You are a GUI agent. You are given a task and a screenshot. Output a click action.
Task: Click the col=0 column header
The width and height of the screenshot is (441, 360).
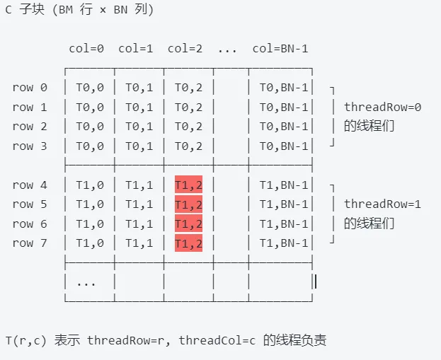pyautogui.click(x=86, y=49)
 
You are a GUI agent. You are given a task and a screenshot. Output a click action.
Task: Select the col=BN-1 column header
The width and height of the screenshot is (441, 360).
pyautogui.click(x=280, y=49)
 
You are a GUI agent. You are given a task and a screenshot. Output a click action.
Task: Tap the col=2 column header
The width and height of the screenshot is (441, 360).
pyautogui.click(x=185, y=49)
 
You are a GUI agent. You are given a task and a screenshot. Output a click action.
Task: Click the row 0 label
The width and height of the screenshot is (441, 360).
pyautogui.click(x=30, y=88)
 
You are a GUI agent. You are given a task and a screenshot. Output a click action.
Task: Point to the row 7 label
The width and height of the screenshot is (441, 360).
pyautogui.click(x=30, y=243)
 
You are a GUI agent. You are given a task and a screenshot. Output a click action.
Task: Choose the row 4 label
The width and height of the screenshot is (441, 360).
pyautogui.click(x=30, y=185)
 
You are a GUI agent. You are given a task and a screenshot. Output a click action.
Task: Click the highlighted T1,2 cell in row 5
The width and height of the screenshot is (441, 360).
pyautogui.click(x=188, y=204)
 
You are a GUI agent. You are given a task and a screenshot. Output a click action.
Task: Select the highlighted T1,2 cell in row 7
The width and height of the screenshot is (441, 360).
pyautogui.click(x=188, y=243)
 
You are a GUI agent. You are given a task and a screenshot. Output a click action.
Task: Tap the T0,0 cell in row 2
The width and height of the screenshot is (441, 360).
pyautogui.click(x=89, y=127)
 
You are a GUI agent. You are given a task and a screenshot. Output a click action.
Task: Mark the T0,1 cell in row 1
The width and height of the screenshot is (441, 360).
pyautogui.click(x=139, y=108)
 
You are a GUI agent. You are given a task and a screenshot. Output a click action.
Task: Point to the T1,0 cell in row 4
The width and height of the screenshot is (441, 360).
pyautogui.click(x=89, y=185)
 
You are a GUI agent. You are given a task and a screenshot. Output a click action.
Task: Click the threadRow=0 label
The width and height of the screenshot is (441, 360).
pyautogui.click(x=382, y=108)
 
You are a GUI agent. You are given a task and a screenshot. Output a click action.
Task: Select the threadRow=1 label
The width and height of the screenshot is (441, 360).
pyautogui.click(x=382, y=204)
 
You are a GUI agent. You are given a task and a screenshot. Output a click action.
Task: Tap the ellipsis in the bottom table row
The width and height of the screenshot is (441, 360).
pyautogui.click(x=86, y=282)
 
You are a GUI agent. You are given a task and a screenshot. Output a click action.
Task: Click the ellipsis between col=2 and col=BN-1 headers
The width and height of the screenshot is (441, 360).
pyautogui.click(x=227, y=49)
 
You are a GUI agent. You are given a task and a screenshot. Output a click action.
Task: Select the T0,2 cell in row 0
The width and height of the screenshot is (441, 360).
pyautogui.click(x=188, y=88)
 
